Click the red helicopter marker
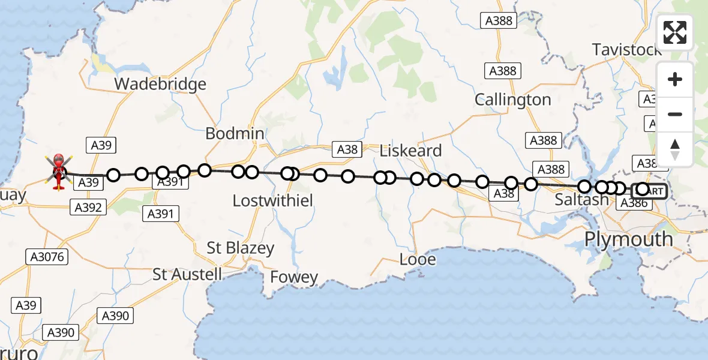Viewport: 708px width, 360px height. (x=58, y=170)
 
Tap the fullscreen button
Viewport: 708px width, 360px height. (x=675, y=33)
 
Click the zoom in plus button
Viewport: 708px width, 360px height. (x=675, y=79)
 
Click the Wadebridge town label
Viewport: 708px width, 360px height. (x=160, y=84)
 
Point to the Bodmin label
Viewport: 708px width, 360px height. (x=235, y=133)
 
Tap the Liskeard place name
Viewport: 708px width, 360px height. (x=411, y=151)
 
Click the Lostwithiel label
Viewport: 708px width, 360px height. (x=272, y=200)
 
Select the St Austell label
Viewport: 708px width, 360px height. (x=187, y=275)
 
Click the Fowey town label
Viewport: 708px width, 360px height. (x=294, y=277)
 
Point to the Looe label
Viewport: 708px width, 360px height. (x=418, y=260)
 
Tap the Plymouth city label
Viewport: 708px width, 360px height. (x=628, y=239)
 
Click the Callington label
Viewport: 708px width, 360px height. (x=512, y=100)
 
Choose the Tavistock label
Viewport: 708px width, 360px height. (x=626, y=49)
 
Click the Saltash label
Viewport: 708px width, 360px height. (x=581, y=200)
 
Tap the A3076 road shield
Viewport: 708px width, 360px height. (x=48, y=257)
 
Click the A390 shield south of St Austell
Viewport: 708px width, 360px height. (x=115, y=316)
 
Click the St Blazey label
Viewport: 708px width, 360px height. (x=240, y=248)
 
